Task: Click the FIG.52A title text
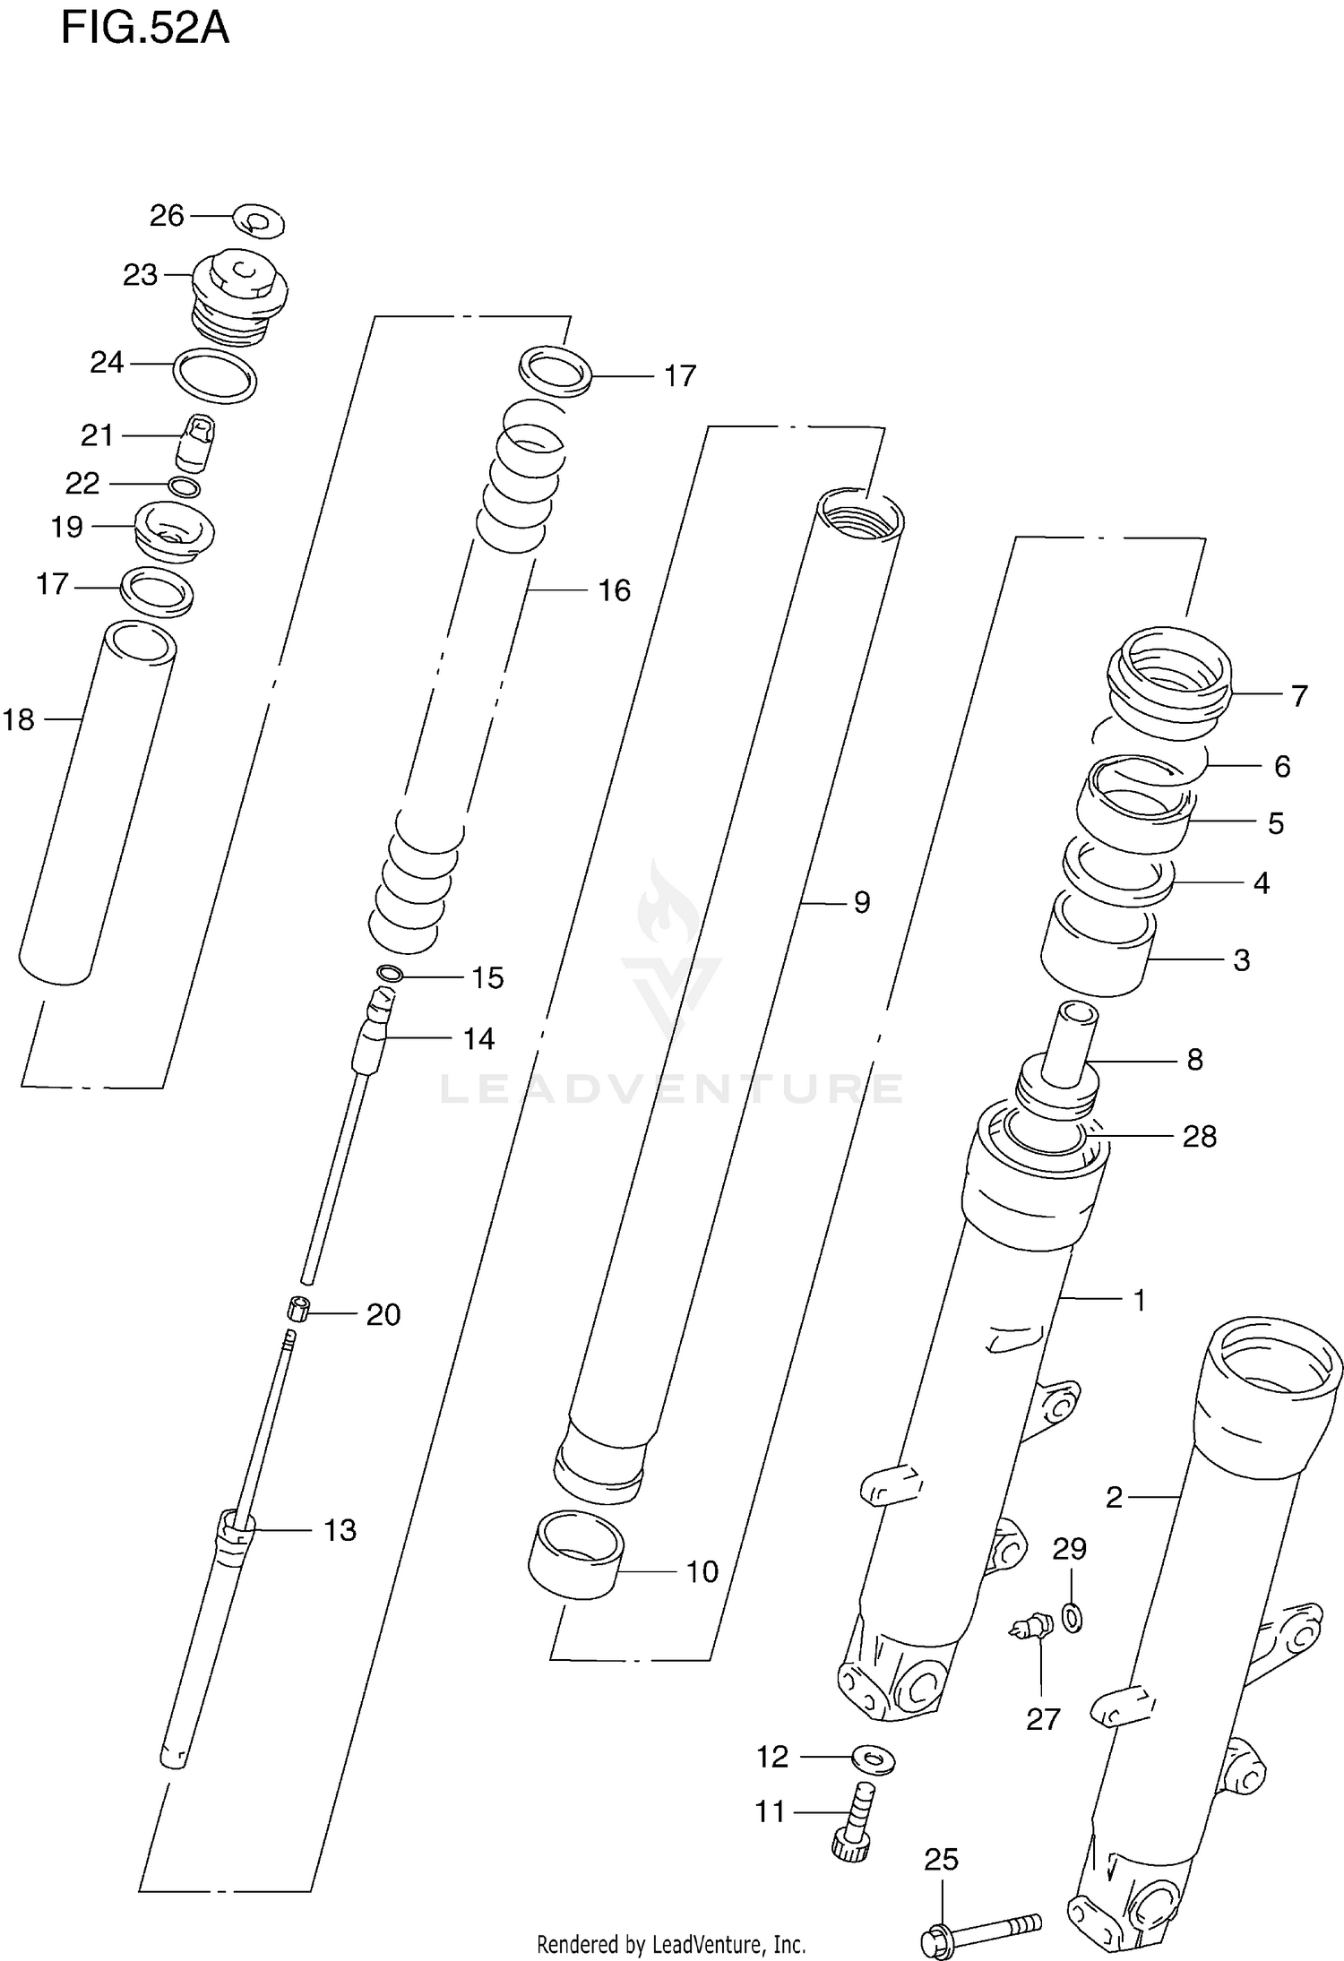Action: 145,29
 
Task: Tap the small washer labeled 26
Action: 259,220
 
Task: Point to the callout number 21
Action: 97,435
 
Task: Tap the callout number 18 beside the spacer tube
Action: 18,719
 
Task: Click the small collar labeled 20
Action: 298,1311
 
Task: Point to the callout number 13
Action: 340,1530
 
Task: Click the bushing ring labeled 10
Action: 576,1563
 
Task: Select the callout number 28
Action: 1199,1136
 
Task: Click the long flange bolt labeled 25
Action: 981,1926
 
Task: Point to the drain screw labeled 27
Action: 1030,1626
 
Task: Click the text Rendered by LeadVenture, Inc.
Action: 671,1945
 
